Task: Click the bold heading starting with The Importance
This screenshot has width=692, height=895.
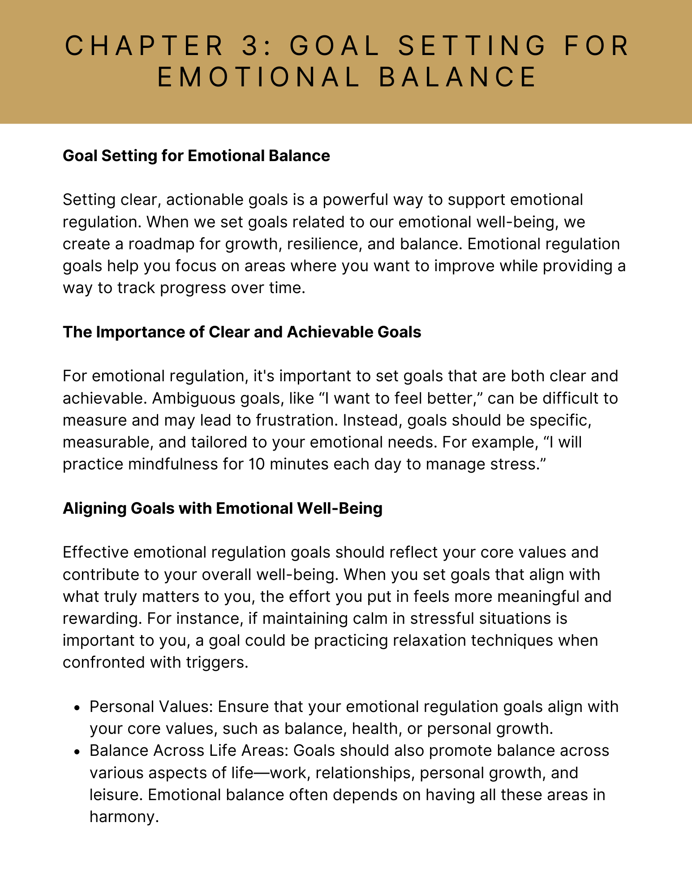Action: (x=242, y=332)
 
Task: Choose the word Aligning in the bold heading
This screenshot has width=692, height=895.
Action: (x=93, y=508)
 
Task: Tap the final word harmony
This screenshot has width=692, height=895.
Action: (x=124, y=817)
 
